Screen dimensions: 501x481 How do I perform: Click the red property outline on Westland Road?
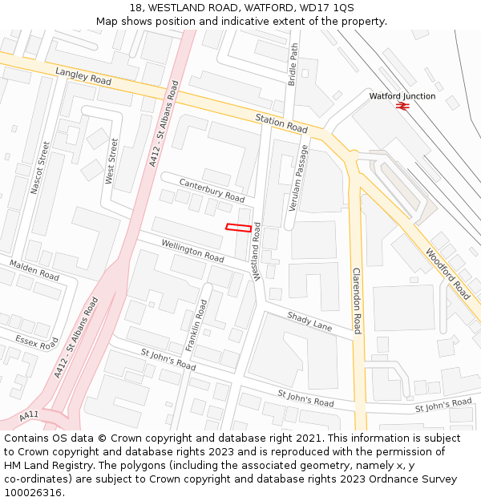pos(238,227)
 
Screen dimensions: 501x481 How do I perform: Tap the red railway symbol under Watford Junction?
pos(402,106)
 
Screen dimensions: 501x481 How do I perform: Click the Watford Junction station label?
pos(402,96)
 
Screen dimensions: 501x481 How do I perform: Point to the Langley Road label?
pos(83,77)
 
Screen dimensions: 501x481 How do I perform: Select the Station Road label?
pos(281,123)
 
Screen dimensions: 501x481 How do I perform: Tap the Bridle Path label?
pos(293,65)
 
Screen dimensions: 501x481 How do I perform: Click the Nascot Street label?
pos(40,168)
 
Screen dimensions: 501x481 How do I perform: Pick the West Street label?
pos(111,161)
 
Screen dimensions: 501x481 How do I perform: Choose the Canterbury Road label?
pos(212,191)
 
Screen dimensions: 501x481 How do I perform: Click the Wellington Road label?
pos(192,251)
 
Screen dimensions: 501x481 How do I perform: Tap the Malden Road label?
pos(34,270)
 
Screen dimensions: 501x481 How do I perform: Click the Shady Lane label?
pos(309,321)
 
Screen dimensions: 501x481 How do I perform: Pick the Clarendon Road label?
pos(357,301)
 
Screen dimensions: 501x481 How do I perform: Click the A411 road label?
pos(29,415)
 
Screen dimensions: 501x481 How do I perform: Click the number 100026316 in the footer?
pos(33,492)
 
